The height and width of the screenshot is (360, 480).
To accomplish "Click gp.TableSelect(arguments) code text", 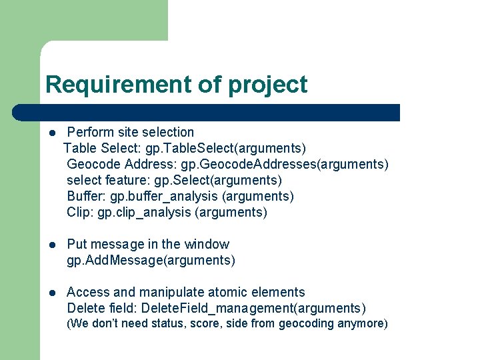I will (230, 148).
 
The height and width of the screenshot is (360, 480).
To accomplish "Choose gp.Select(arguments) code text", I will (218, 180).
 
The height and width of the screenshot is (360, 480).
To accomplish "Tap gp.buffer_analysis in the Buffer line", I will (164, 196).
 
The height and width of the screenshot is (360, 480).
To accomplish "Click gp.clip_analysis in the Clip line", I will (144, 212).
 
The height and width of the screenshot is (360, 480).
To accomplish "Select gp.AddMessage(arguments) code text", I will (151, 260).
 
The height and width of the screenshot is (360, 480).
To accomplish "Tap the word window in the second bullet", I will (207, 244).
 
